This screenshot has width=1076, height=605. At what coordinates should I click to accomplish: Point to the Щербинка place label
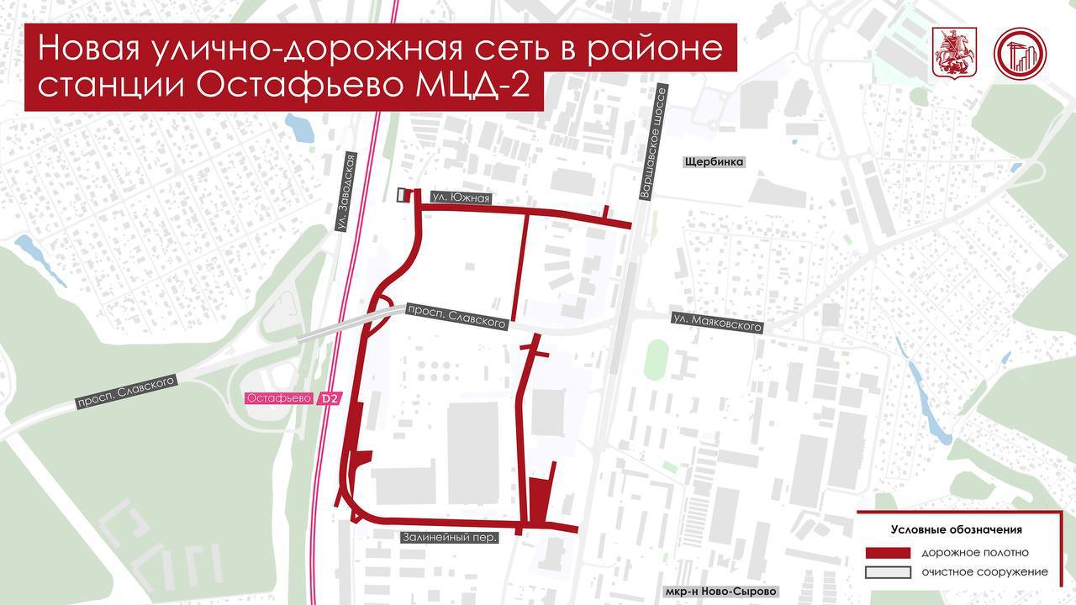[x=714, y=162]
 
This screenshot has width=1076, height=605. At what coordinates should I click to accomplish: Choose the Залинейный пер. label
[x=450, y=536]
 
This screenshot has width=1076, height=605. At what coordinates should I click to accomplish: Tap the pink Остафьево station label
[x=278, y=398]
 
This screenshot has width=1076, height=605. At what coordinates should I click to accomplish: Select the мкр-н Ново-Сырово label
[x=720, y=591]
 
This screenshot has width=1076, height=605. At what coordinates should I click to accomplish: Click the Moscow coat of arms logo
[x=953, y=53]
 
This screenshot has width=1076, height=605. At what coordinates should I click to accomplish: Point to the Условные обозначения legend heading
[x=957, y=530]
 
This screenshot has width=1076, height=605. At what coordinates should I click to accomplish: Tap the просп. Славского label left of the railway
[x=126, y=392]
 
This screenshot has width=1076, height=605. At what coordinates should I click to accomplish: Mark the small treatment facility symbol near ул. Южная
[x=401, y=195]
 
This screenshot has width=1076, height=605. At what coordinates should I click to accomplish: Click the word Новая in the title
[x=87, y=48]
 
